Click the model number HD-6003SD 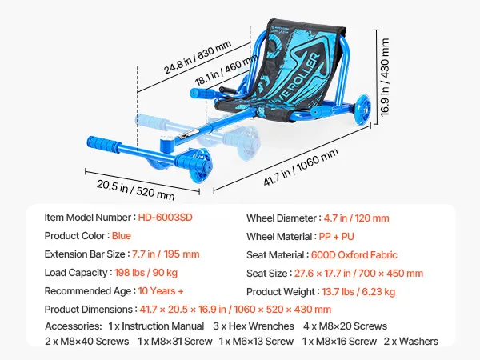point(166,218)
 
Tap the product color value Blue point(122,236)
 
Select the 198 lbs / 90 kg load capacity point(146,273)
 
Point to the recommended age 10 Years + point(161,291)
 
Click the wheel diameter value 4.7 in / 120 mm point(356,218)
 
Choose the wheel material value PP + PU point(337,236)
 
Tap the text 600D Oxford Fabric point(354,254)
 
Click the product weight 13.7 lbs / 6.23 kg point(358,291)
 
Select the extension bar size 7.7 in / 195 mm point(166,254)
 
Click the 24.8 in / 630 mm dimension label point(198,58)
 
